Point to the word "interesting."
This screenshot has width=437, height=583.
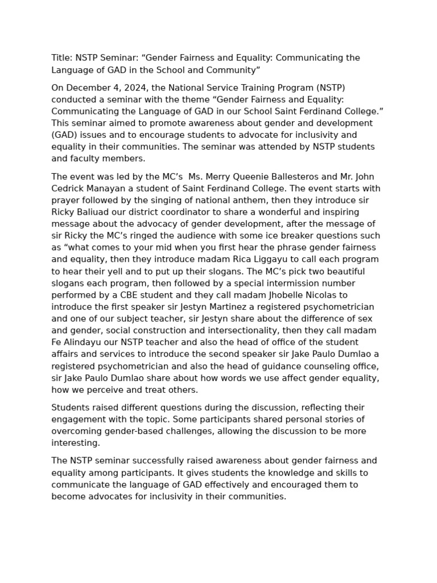(76, 443)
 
